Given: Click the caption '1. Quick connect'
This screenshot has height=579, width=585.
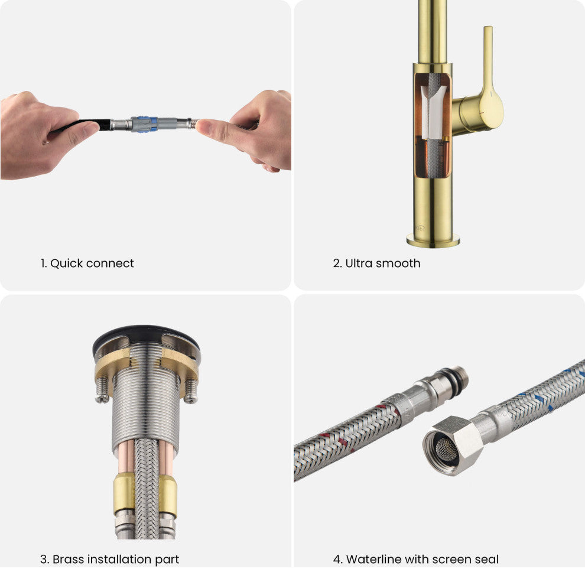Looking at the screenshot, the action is coord(87,264).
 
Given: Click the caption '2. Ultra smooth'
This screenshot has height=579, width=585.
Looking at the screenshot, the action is coord(376,264).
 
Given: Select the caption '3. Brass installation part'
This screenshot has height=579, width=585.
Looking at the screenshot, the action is coord(109,560).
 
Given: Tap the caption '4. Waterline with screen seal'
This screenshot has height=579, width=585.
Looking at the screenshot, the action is coord(415,560).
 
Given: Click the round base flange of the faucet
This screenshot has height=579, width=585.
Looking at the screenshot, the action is coord(433,240).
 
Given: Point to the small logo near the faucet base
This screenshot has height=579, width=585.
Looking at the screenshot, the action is coord(420,227).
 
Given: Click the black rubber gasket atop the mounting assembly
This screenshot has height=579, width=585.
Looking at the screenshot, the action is coord(147,335).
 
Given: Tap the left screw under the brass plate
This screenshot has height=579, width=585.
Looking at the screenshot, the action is coord(102,390).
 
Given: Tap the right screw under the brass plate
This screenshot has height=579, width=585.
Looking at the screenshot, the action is coord(191,391).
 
